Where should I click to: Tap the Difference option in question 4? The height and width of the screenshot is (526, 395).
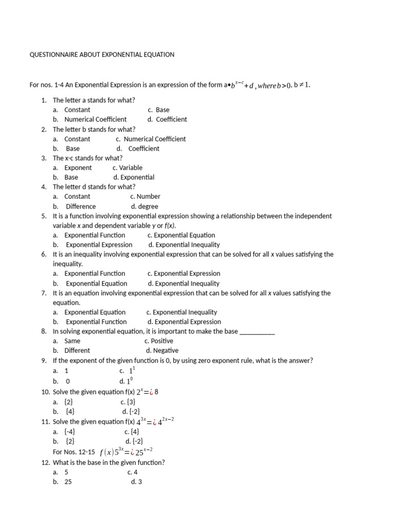point(81,206)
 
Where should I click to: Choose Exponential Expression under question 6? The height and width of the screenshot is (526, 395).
point(187,274)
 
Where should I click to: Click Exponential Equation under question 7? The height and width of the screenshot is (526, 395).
point(95,312)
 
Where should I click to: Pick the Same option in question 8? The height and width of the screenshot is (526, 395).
point(72,341)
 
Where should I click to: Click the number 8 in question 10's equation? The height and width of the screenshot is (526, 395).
point(156,392)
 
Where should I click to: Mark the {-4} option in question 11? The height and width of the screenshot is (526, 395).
point(70,432)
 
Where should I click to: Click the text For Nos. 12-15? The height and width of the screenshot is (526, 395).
point(74,452)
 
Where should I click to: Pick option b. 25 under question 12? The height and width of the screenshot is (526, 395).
point(68,482)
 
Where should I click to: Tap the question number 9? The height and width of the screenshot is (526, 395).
point(44,361)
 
